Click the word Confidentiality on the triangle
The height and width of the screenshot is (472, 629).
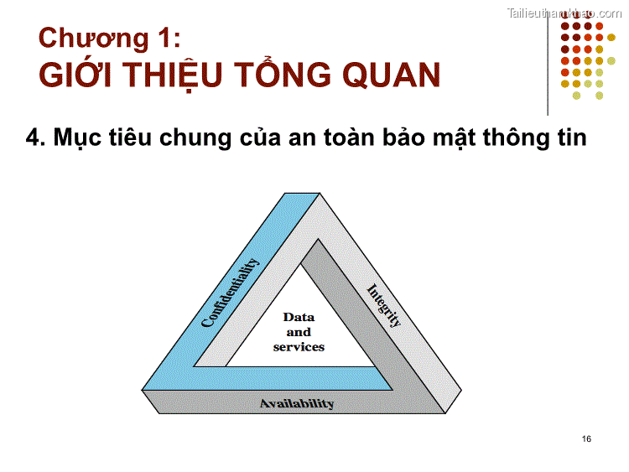pyautogui.click(x=231, y=293)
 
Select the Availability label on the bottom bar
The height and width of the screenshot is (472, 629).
pyautogui.click(x=297, y=403)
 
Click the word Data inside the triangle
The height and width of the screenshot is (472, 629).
pyautogui.click(x=299, y=317)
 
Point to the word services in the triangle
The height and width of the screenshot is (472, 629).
pyautogui.click(x=299, y=346)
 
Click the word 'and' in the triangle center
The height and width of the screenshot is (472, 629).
pyautogui.click(x=299, y=332)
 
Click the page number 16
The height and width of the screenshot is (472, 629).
pyautogui.click(x=585, y=439)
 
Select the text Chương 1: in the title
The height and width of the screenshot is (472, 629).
pyautogui.click(x=109, y=39)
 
